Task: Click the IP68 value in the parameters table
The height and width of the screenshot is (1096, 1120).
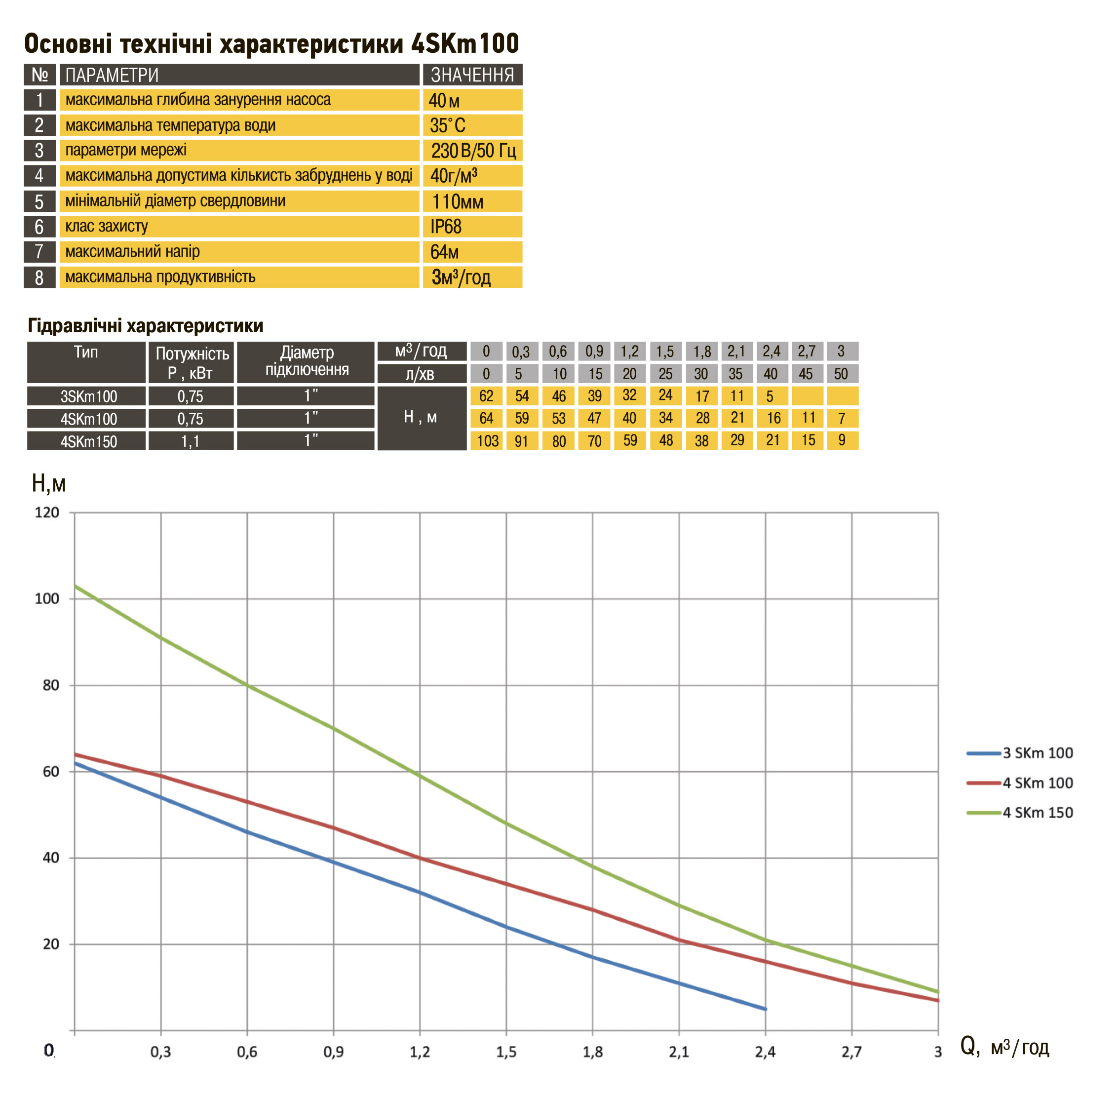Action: click(446, 227)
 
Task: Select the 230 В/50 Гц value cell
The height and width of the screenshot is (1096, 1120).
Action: click(473, 151)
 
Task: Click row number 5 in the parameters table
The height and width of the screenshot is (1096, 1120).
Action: click(39, 201)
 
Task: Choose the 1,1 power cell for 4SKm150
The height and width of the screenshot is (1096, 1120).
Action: click(191, 441)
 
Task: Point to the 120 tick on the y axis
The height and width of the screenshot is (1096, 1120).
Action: click(47, 512)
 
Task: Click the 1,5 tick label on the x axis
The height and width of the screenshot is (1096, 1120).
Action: click(506, 1052)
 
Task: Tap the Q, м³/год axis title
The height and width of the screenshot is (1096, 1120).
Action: click(1004, 1047)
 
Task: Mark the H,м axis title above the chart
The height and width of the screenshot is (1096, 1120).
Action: click(48, 483)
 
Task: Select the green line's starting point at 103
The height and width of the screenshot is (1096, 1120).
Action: click(76, 586)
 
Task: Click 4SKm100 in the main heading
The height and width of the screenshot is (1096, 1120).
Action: click(465, 44)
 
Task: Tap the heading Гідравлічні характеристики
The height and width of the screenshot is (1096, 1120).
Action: click(145, 326)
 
